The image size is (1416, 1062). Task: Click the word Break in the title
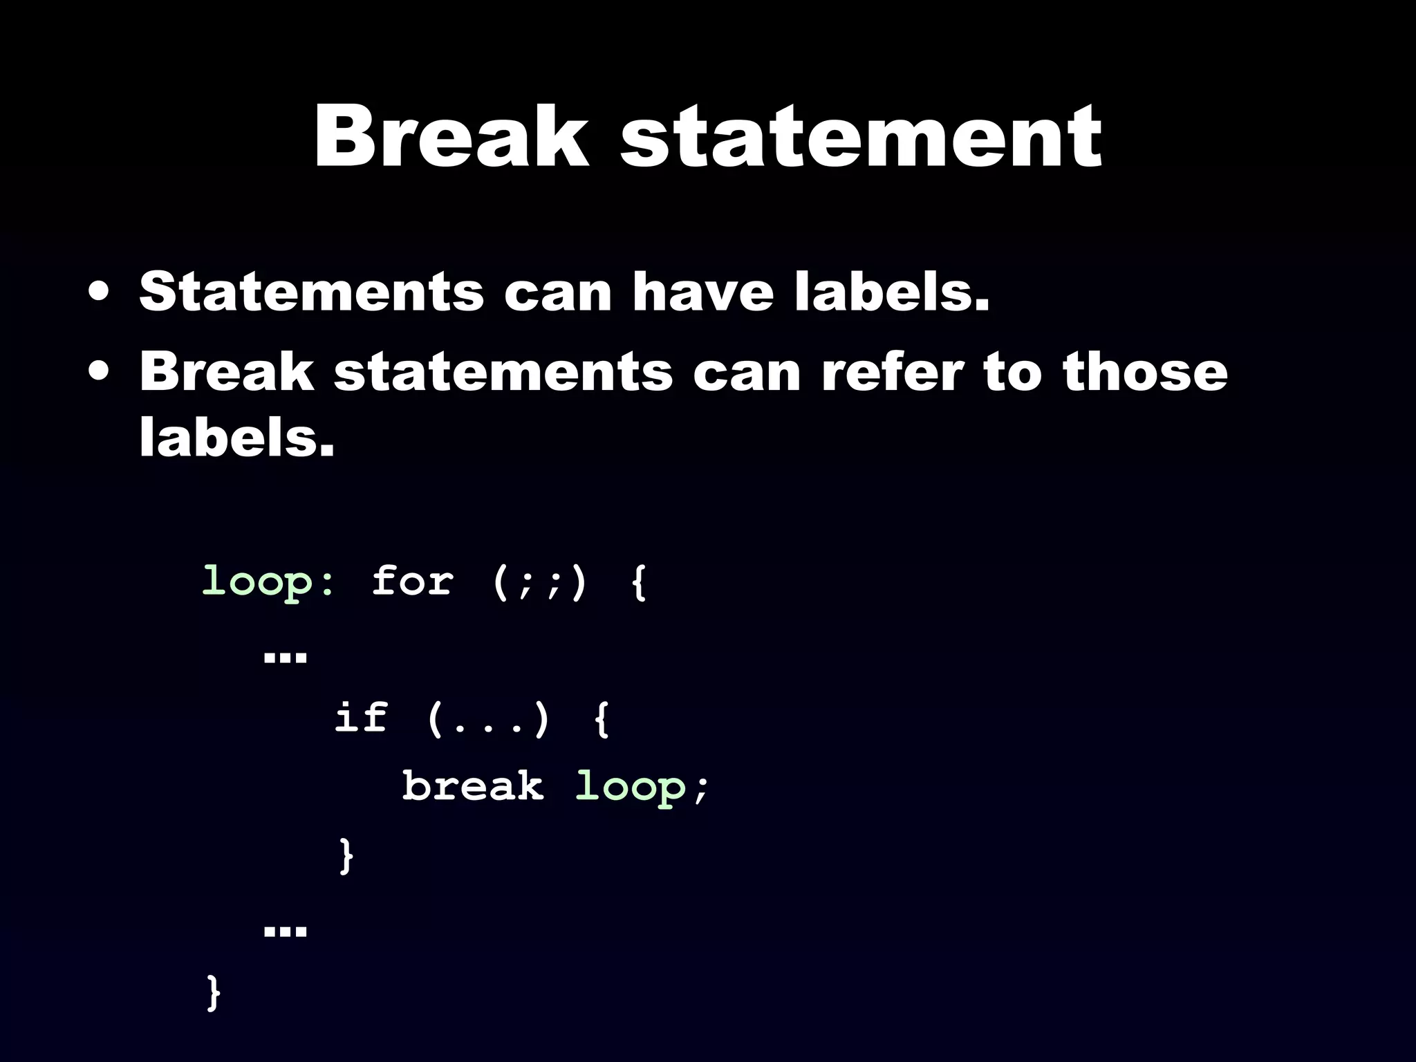451,136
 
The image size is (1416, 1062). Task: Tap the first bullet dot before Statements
98,292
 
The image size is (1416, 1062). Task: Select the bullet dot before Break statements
98,371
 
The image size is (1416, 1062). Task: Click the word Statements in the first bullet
311,292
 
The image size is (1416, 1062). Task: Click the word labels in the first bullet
892,292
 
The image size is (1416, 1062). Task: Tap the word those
1145,371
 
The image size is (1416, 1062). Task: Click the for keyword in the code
412,581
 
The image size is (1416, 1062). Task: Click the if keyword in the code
361,717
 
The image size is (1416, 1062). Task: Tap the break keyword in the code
473,786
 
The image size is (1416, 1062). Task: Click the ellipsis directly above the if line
285,656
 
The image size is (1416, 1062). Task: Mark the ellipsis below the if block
285,931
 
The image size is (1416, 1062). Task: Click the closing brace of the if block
346,856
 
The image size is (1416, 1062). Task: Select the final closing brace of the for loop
214,993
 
